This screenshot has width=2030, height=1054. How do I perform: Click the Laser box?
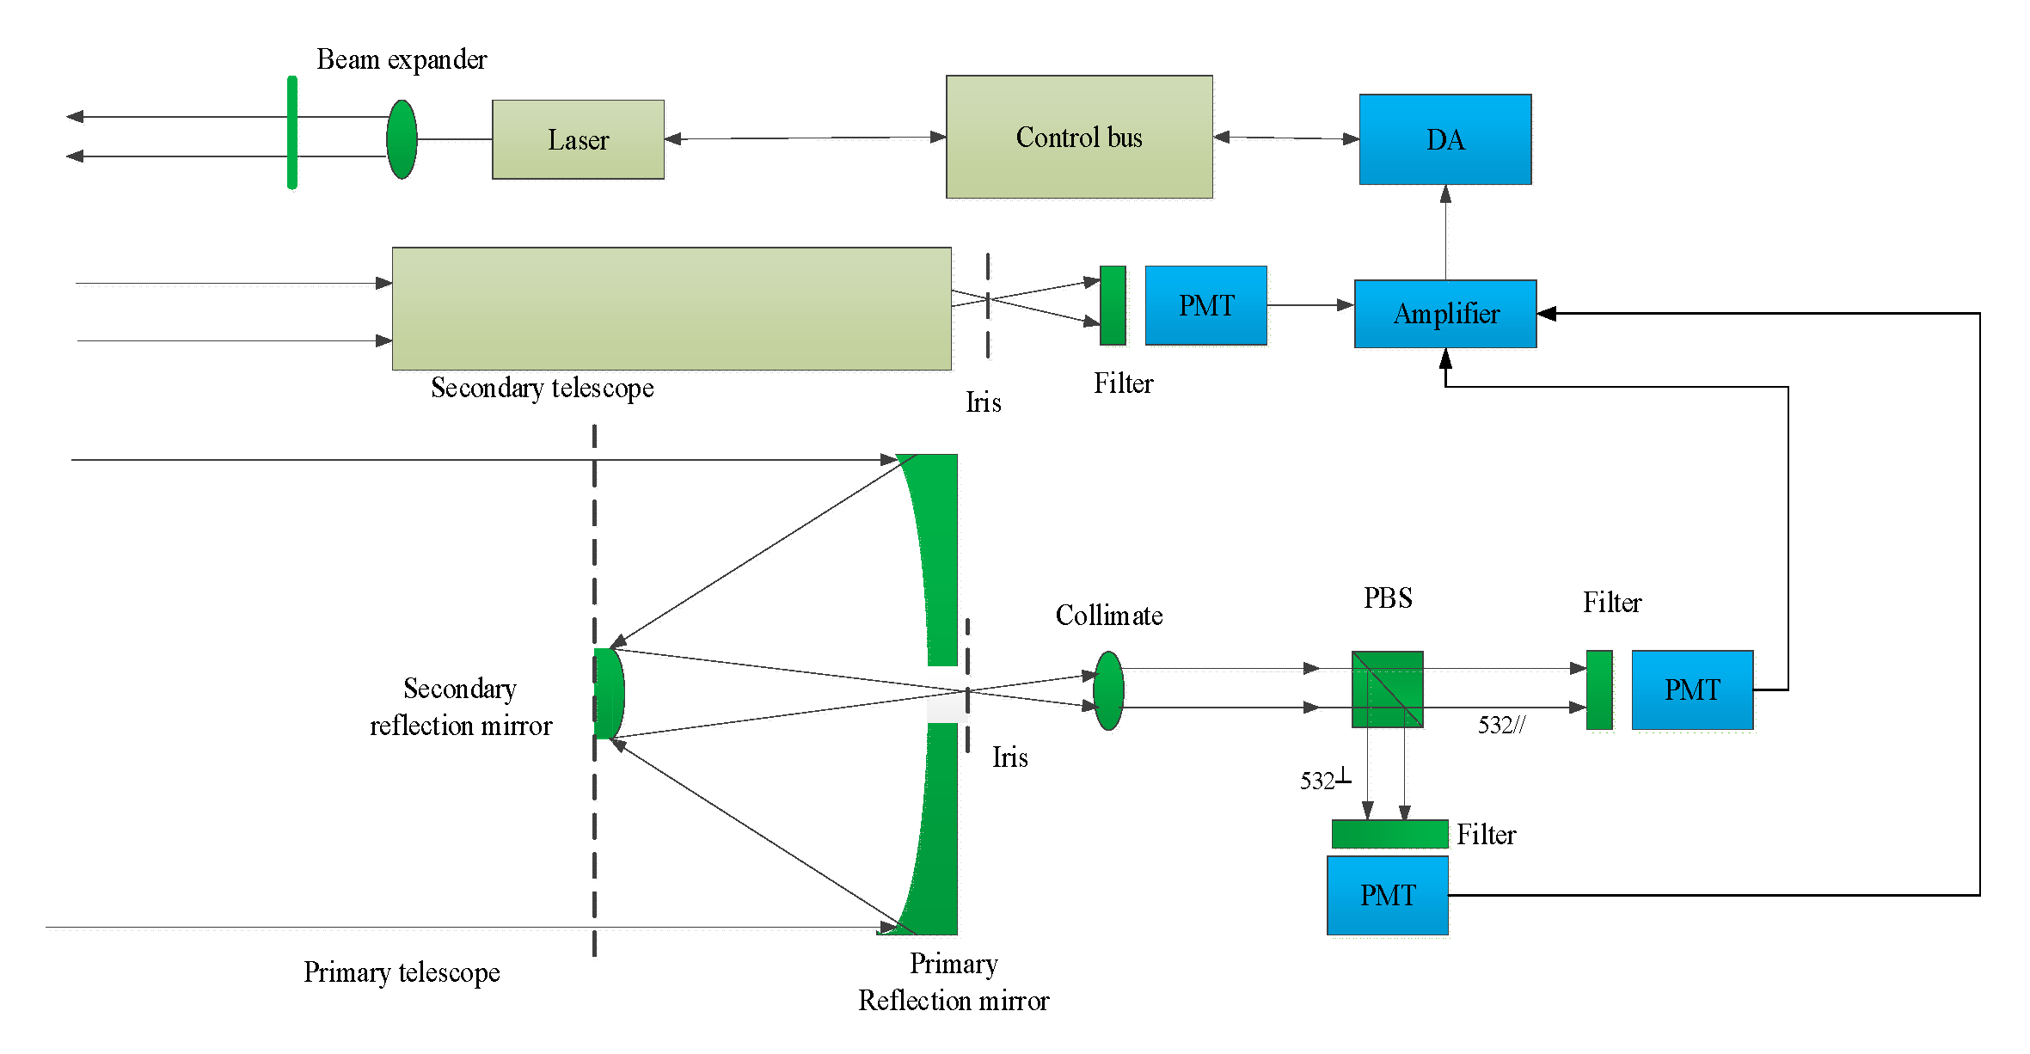(x=578, y=139)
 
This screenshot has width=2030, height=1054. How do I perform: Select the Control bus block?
(x=1079, y=138)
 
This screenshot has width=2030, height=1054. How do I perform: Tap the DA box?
(x=1444, y=139)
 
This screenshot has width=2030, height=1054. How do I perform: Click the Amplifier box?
(x=1445, y=314)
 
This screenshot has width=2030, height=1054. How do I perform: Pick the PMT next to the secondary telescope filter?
(x=1205, y=305)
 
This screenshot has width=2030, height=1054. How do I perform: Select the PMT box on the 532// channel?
(x=1691, y=689)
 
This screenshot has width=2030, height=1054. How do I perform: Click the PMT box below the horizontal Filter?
(x=1387, y=895)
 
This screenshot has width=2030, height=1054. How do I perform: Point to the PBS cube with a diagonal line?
(x=1387, y=689)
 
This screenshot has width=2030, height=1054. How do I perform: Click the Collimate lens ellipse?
(x=1108, y=690)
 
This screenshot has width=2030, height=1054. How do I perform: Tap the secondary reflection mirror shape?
(x=609, y=693)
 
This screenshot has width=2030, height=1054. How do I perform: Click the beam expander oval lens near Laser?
(x=402, y=139)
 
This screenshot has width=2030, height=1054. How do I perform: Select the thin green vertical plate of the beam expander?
(x=292, y=132)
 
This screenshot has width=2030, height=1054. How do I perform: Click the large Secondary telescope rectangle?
(x=671, y=309)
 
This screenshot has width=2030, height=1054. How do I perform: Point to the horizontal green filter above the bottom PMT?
(x=1389, y=834)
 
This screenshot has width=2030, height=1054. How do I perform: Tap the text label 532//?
(x=1501, y=725)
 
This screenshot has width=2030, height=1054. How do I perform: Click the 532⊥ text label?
(x=1324, y=780)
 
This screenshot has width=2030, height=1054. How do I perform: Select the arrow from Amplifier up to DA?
(x=1445, y=232)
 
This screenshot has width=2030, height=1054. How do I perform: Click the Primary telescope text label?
(x=402, y=972)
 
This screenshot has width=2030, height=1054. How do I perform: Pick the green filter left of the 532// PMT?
(x=1598, y=689)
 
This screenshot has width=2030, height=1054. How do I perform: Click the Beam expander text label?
(x=402, y=59)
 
